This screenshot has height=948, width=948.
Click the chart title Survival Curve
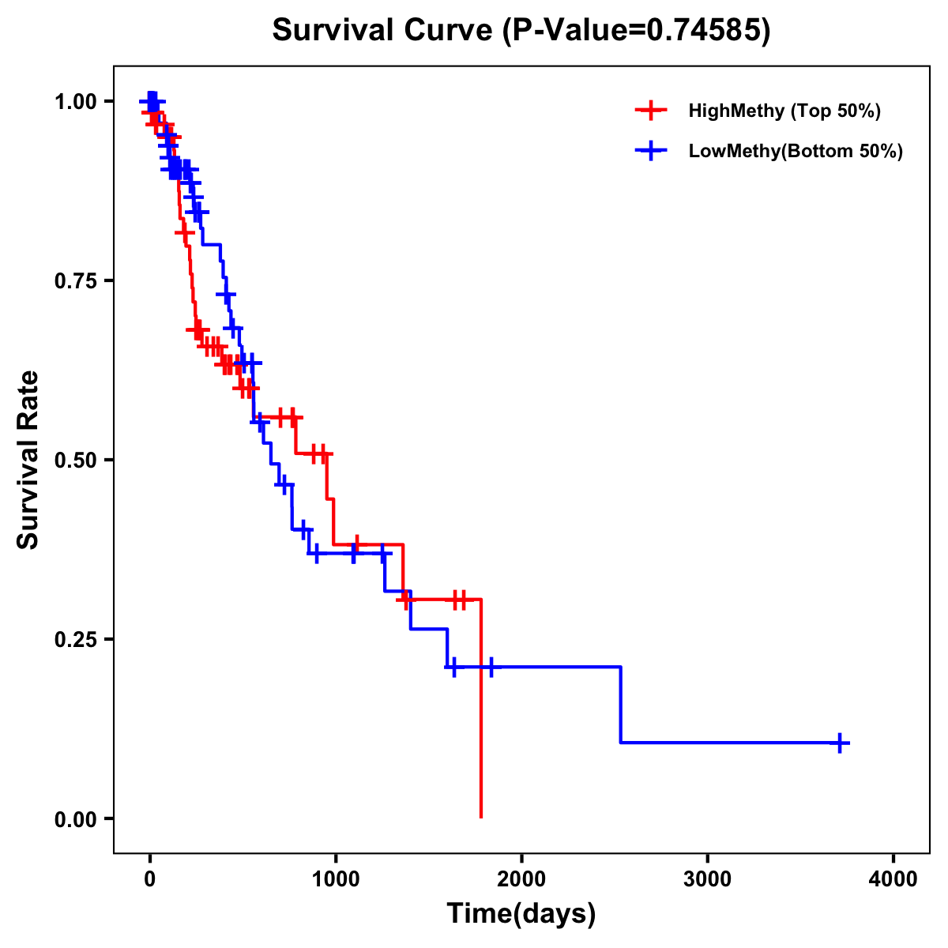click(x=384, y=31)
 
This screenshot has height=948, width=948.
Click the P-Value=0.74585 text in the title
click(x=637, y=31)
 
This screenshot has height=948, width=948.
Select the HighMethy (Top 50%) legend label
click(x=784, y=111)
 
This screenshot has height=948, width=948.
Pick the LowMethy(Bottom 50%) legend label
click(x=795, y=151)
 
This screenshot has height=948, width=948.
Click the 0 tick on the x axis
click(x=149, y=879)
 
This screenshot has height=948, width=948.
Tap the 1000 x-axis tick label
click(x=335, y=879)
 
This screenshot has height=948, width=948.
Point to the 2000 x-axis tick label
click(x=521, y=879)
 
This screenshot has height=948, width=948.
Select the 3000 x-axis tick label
click(x=707, y=879)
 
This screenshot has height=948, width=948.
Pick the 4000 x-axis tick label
click(x=893, y=879)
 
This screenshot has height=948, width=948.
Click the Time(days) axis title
click(x=521, y=914)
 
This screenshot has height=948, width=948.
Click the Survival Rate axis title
click(x=28, y=460)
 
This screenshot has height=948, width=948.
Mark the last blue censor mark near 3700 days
click(x=840, y=743)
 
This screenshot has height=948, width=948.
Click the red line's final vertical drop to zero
click(x=480, y=711)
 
